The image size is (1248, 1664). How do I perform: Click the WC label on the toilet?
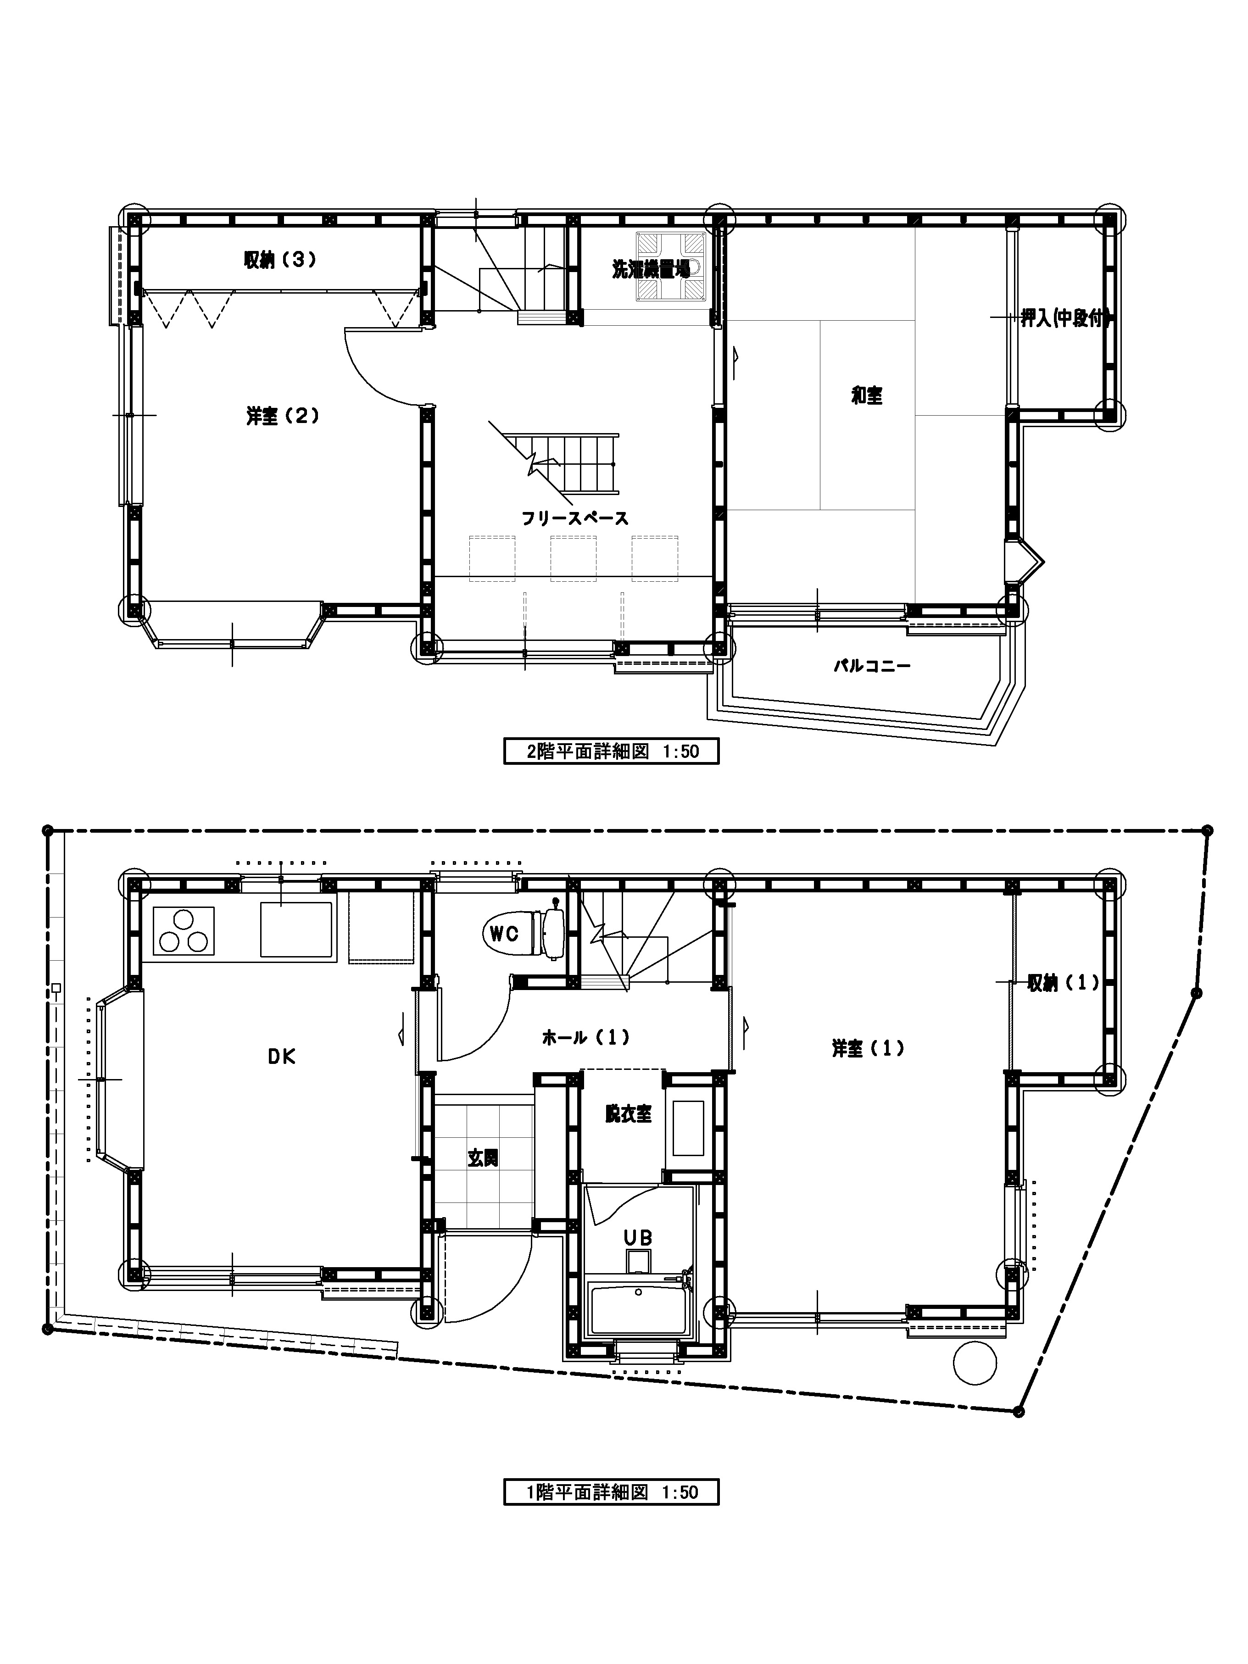click(x=504, y=934)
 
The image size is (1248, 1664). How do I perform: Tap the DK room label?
click(x=281, y=1057)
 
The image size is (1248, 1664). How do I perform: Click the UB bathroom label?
click(x=638, y=1237)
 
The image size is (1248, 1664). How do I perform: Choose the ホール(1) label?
click(x=585, y=1037)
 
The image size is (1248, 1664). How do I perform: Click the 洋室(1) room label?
click(x=867, y=1048)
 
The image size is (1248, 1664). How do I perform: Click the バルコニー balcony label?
click(x=872, y=666)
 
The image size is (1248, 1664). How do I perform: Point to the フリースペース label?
click(x=575, y=518)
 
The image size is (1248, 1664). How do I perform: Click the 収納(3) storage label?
click(x=279, y=260)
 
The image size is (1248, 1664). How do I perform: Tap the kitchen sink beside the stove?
click(x=296, y=930)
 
